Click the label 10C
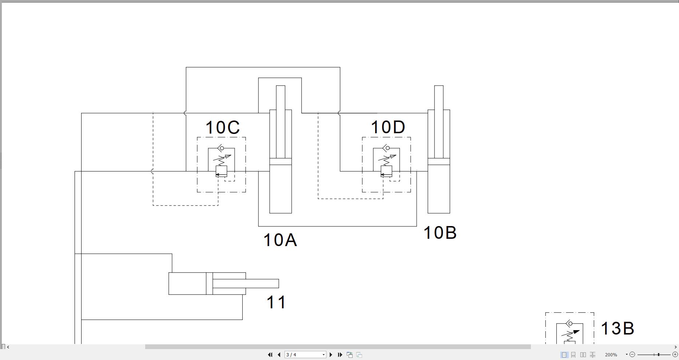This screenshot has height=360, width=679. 223,128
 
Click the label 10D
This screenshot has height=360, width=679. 388,127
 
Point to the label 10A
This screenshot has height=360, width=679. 280,240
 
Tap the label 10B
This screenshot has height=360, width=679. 440,233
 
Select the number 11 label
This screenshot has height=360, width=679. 276,302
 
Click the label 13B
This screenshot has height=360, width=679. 617,328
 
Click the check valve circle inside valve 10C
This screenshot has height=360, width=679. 222,148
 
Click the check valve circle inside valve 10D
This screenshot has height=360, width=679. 388,148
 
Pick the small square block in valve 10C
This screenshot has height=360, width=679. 221,170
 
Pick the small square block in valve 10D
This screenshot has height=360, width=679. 386,170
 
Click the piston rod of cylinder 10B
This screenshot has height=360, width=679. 438,120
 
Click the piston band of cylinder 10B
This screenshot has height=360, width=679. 438,162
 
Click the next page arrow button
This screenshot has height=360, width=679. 331,355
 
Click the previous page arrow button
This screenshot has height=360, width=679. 279,355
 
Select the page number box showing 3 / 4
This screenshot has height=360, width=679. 305,355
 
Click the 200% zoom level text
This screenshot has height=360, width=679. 611,355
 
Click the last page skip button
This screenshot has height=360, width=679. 340,355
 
